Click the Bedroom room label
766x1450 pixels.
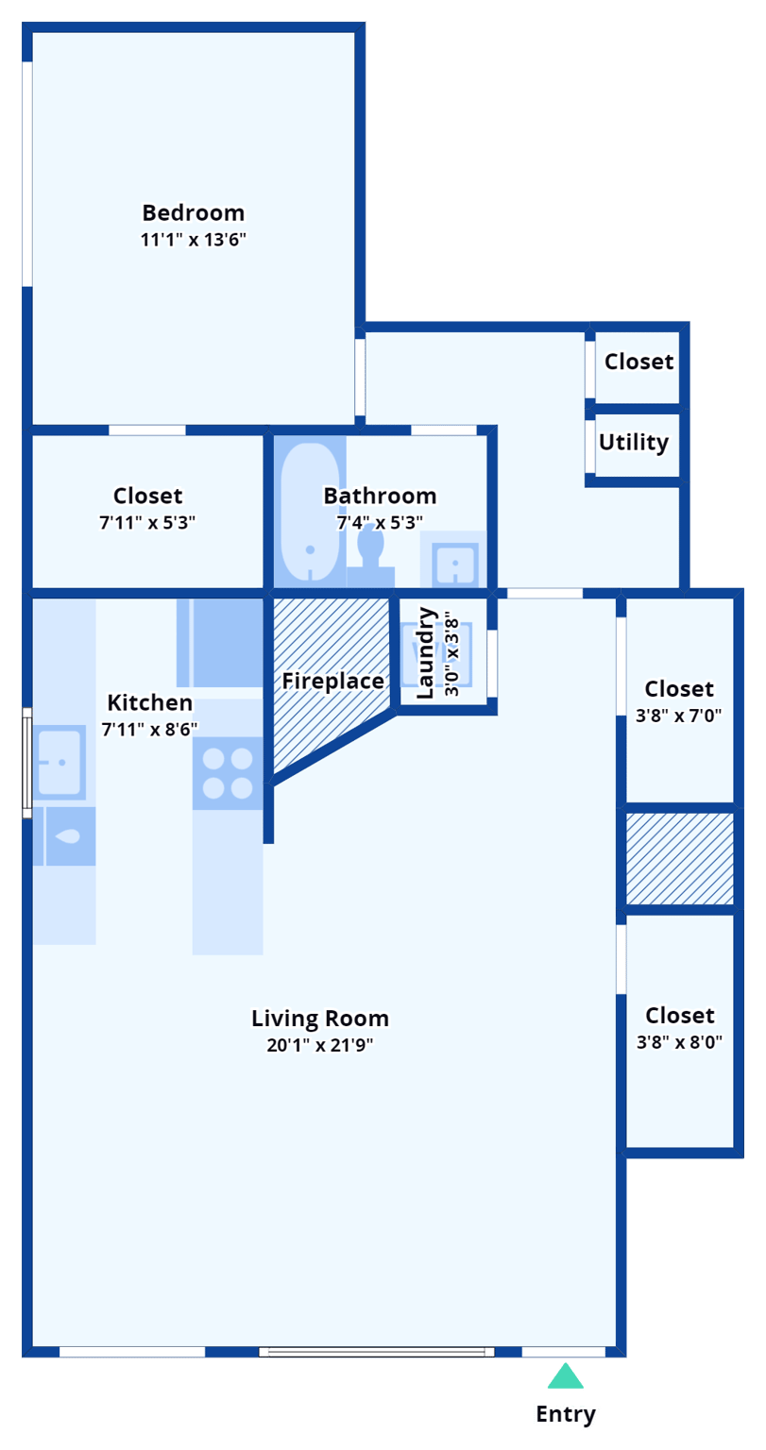point(193,212)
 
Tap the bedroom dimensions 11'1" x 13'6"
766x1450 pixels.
point(193,240)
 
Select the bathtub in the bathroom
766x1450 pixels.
point(310,514)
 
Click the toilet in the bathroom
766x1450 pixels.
point(370,551)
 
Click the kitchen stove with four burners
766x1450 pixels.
point(228,773)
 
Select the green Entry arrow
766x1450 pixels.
point(565,1377)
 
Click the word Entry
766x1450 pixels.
point(566,1414)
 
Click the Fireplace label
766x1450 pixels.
point(332,682)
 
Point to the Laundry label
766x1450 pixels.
point(425,653)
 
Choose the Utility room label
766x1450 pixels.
point(634,443)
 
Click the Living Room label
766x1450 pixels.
point(319,1019)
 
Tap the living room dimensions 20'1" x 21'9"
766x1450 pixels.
point(319,1045)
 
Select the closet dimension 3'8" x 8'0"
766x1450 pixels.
point(679,1042)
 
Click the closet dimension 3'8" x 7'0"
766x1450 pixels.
point(679,716)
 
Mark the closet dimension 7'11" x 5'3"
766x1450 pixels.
point(148,522)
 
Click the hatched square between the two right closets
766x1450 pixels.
point(680,858)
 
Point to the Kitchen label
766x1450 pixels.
point(149,702)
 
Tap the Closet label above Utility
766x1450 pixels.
point(639,362)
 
